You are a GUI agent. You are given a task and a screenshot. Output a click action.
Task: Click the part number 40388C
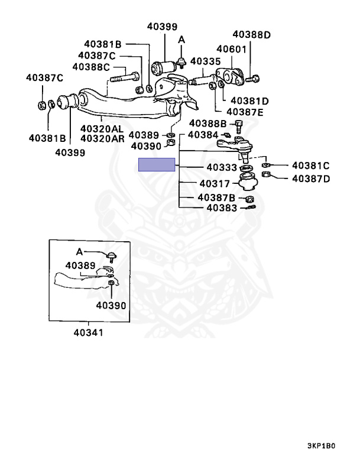[92, 67]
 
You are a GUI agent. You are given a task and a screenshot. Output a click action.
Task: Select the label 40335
[205, 61]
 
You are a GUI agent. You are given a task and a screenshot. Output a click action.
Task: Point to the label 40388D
[251, 35]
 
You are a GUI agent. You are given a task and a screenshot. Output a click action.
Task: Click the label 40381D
[249, 101]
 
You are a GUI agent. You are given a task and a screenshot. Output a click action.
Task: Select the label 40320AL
[102, 128]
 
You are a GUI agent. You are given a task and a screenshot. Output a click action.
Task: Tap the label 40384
[203, 135]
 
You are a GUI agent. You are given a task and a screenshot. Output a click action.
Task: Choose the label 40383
[222, 207]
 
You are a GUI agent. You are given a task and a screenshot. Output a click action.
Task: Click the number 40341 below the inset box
[88, 332]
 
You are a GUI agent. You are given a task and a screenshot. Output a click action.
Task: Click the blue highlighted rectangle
[157, 165]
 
